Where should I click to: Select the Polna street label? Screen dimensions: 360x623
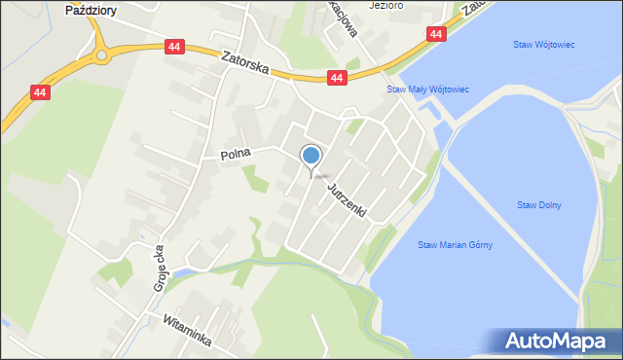(235, 153)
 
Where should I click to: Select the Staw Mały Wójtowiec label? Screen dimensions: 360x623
(428, 90)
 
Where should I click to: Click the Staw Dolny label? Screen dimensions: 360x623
(538, 205)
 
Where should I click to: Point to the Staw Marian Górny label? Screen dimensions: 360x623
(455, 245)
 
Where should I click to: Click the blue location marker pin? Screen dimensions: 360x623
(311, 156)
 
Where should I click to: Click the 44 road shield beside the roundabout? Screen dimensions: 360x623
(173, 47)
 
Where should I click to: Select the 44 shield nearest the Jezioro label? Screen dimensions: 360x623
(435, 34)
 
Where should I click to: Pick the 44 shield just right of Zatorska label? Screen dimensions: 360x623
(337, 78)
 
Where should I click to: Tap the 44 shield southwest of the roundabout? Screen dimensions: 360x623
(40, 92)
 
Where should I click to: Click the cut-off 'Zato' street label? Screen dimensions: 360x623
(474, 7)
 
